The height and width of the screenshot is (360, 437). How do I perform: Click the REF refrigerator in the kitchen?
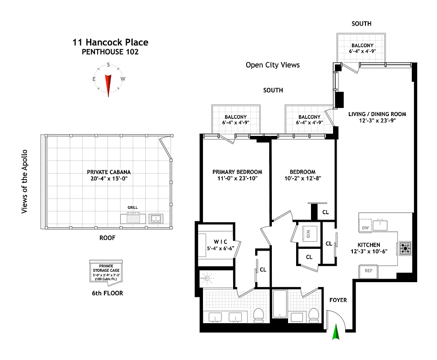(368, 271)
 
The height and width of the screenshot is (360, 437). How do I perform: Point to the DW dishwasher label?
(365, 228)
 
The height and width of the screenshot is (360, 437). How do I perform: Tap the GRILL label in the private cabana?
(132, 207)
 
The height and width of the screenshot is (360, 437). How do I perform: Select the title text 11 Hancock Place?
(110, 43)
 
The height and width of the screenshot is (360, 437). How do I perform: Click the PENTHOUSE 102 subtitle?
(110, 52)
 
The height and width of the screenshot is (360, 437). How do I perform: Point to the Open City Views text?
(272, 65)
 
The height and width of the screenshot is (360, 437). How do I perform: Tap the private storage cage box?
(106, 272)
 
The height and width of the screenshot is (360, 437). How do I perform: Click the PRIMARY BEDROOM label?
(237, 172)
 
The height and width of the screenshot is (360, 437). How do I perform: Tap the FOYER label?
(338, 300)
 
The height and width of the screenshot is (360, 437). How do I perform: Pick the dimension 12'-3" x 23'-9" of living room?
(377, 121)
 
